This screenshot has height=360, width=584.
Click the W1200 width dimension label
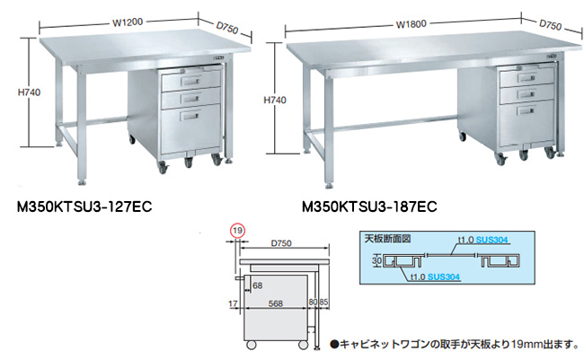pos(128,14)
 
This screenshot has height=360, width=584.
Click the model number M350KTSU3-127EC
pos(78,206)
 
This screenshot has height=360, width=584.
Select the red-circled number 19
pos(236,231)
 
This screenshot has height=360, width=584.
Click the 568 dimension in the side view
pos(274,303)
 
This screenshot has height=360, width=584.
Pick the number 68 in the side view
pos(257,285)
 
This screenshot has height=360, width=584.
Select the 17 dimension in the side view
pos(232,303)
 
